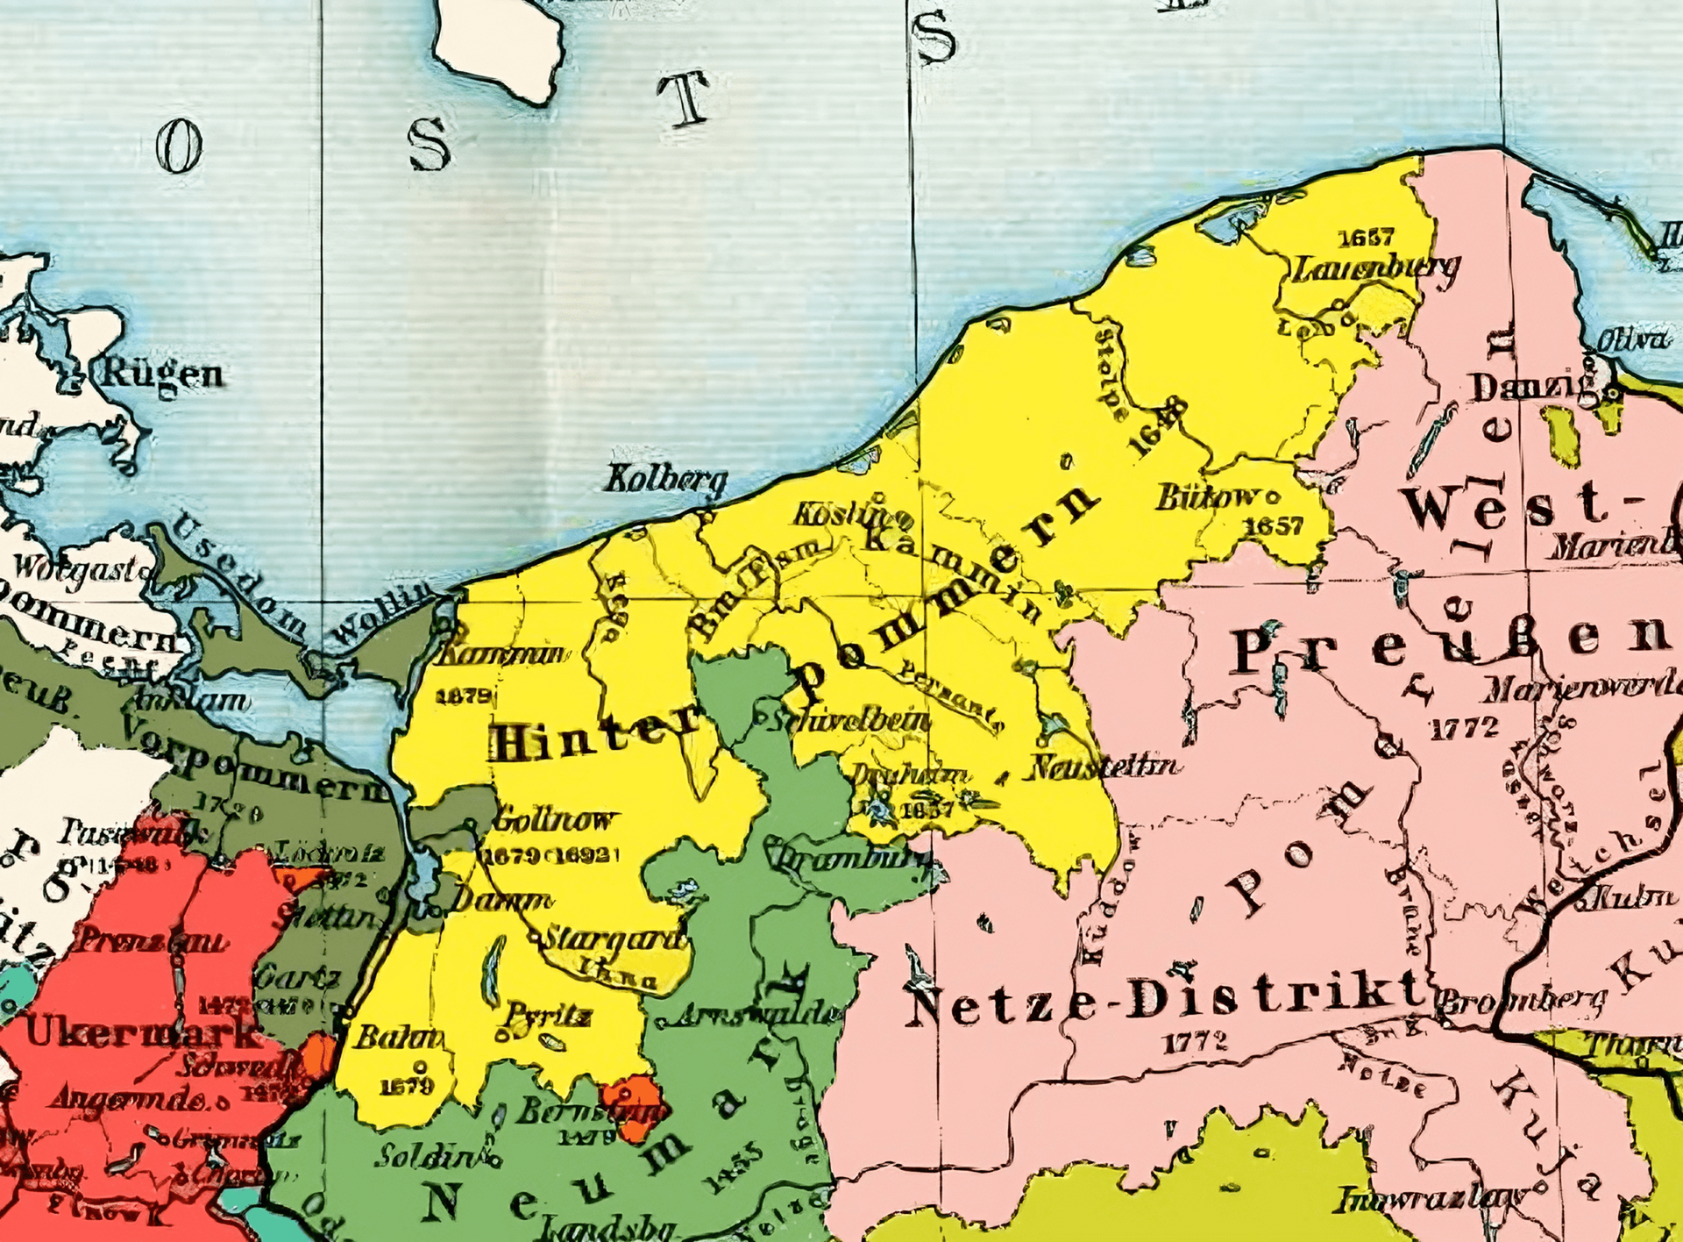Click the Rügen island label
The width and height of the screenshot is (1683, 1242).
(x=164, y=375)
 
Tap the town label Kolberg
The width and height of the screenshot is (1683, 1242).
(x=667, y=480)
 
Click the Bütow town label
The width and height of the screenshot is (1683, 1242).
(x=1206, y=497)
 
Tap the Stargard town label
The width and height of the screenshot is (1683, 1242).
(x=614, y=938)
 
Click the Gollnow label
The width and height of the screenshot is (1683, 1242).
(x=553, y=821)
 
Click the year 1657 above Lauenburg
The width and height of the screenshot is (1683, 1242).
(x=1366, y=238)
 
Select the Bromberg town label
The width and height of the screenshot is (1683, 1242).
(x=1523, y=1000)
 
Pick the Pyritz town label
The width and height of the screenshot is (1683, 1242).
(x=545, y=1016)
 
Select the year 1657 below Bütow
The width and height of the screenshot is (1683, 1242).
(x=1274, y=525)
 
